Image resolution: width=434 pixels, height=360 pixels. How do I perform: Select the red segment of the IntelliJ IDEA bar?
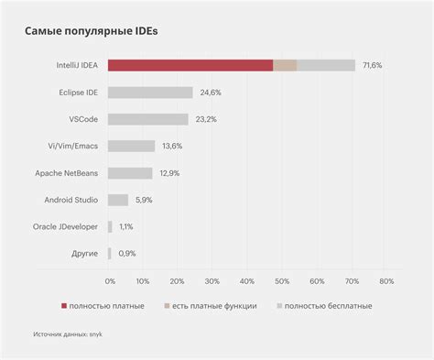(190, 65)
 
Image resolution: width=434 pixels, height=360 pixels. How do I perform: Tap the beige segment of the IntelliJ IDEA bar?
(285, 65)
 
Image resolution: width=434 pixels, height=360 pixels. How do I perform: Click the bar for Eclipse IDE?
(150, 93)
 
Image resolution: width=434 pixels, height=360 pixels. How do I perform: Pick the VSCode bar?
(147, 119)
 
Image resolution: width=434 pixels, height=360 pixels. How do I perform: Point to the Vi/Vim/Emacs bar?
(131, 146)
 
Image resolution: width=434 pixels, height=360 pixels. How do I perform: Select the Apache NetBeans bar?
(130, 172)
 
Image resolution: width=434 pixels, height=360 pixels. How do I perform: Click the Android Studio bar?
(118, 199)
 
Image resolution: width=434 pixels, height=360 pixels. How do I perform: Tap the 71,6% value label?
(372, 66)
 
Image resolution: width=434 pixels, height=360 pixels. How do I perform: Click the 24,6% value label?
(210, 93)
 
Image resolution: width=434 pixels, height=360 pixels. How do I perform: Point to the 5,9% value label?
(145, 199)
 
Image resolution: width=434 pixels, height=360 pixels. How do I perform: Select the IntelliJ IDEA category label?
(78, 66)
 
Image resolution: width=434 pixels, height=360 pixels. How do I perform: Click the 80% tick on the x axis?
(385, 280)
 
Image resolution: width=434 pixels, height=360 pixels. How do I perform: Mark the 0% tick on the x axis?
(110, 280)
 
